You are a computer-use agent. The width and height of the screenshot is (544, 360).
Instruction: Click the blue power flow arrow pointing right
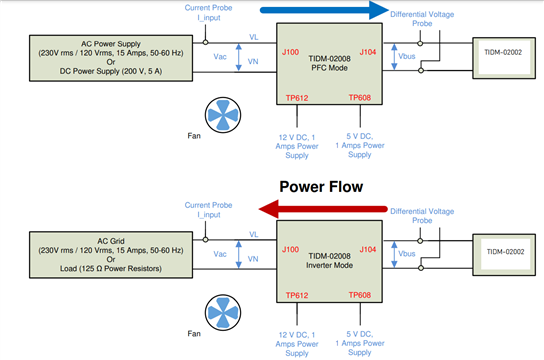click(x=324, y=10)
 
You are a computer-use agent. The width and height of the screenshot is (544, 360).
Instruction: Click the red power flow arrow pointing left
click(x=323, y=209)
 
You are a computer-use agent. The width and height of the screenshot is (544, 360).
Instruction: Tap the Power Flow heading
click(x=321, y=187)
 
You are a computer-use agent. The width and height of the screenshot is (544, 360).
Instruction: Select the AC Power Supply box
click(x=111, y=58)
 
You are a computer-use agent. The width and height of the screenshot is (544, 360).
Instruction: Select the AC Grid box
click(x=111, y=255)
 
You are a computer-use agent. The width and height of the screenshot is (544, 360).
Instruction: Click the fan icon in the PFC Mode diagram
click(x=223, y=115)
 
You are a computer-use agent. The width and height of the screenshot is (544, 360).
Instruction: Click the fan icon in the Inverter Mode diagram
click(x=223, y=312)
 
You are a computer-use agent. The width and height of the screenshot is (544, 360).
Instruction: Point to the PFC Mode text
click(x=329, y=68)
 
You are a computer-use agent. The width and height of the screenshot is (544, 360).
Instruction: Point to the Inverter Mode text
click(x=329, y=265)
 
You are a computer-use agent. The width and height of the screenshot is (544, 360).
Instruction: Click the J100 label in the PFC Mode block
click(x=290, y=52)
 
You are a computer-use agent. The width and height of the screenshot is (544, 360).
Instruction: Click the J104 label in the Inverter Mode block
click(x=368, y=249)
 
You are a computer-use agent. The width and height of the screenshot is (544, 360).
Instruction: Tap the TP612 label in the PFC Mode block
click(x=297, y=98)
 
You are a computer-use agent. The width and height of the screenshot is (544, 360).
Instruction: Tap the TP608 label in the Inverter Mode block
click(x=360, y=295)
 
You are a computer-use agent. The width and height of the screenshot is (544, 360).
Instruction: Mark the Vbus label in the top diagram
click(x=407, y=56)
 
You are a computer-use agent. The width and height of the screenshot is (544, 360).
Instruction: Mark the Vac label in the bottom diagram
click(x=220, y=254)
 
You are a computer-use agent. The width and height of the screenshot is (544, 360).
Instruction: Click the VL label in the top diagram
click(x=254, y=37)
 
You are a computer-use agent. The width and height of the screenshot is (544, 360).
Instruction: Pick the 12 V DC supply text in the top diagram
click(x=297, y=146)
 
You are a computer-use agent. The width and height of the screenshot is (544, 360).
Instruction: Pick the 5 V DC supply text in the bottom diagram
click(x=360, y=343)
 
